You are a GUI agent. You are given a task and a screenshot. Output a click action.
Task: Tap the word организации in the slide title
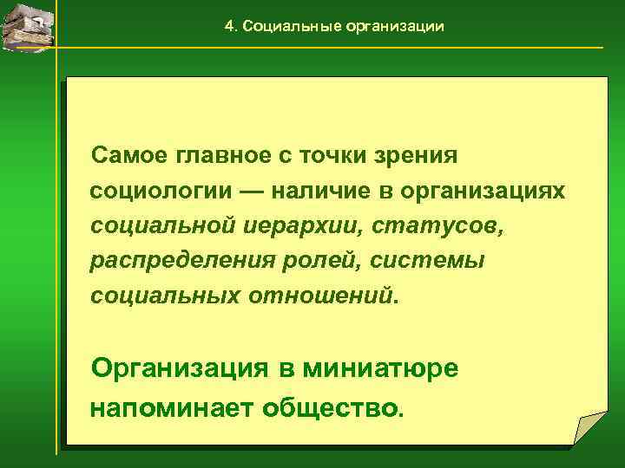pos(395,27)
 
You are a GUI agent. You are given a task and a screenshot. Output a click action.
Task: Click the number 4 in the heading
pos(229,27)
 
